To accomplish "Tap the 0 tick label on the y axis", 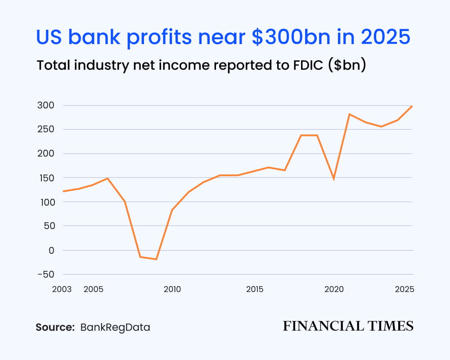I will click(51, 250).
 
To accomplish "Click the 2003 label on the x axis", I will click(62, 289).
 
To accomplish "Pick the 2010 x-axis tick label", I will click(172, 289).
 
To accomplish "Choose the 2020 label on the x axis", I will click(334, 289).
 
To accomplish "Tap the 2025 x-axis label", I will click(405, 289).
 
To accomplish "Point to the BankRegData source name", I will click(115, 327).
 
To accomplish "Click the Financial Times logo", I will click(348, 326).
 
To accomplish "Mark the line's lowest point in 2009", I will click(156, 259).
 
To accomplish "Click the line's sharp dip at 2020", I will click(334, 179).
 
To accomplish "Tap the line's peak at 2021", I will click(349, 114).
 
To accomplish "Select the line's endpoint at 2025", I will click(412, 106).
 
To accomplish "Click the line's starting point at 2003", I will click(63, 191).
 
